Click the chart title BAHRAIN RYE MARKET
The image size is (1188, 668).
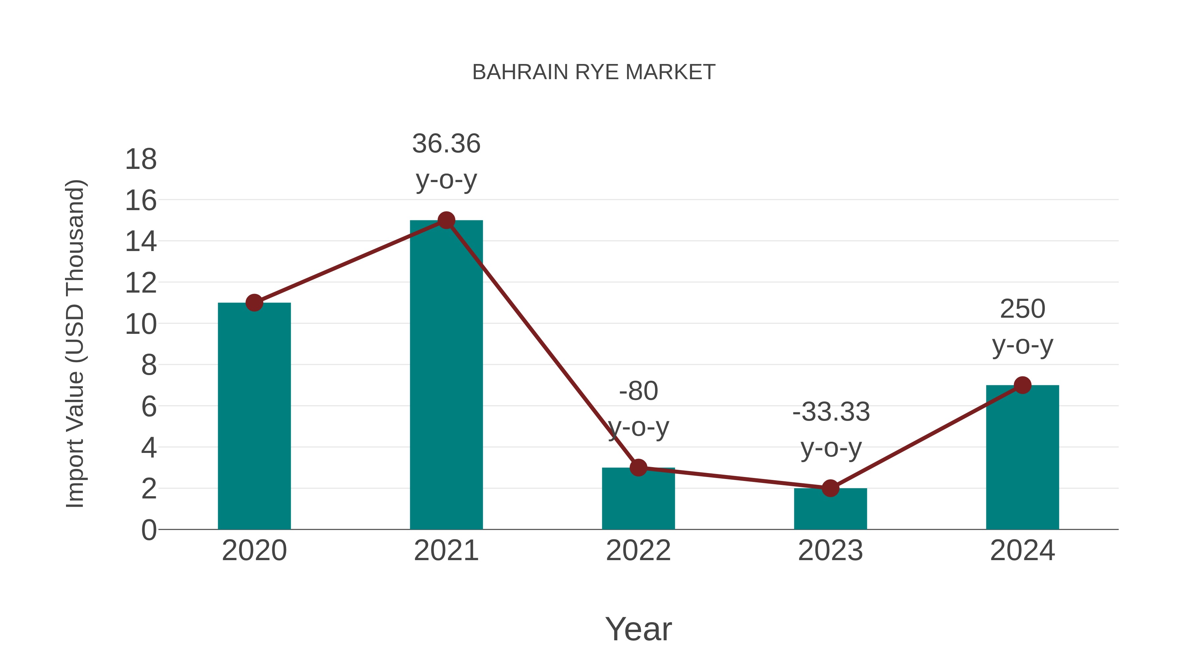click(x=594, y=72)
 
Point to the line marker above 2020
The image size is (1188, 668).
click(x=254, y=303)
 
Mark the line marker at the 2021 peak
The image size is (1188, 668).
click(x=446, y=220)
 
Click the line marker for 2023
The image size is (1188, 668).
click(x=830, y=488)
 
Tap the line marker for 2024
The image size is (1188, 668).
click(x=1022, y=385)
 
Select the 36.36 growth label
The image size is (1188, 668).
click(x=446, y=144)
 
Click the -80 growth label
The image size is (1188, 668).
click(x=638, y=391)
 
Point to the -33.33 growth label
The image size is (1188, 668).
click(x=831, y=412)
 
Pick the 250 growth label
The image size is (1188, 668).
click(x=1022, y=309)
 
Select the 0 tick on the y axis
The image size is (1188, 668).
click(x=148, y=530)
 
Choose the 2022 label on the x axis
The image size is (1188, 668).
click(x=638, y=551)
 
